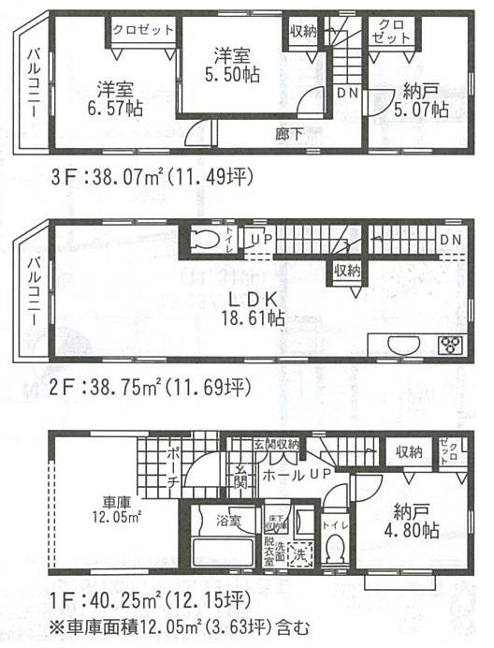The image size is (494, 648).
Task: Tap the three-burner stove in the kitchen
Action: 449,345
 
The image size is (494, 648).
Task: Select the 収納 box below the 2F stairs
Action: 344,272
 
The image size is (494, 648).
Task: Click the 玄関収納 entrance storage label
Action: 276,444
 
